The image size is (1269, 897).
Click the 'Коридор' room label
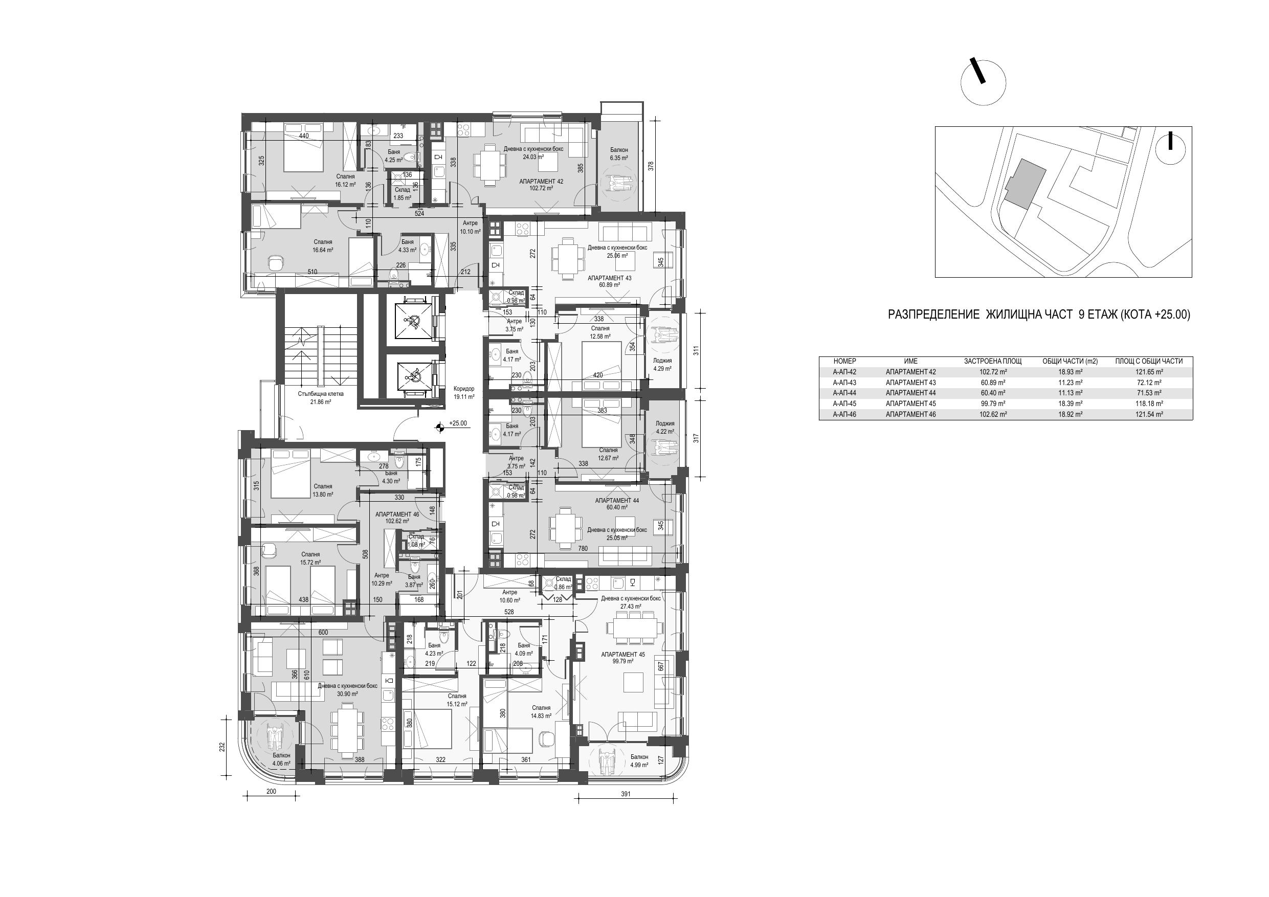(464, 389)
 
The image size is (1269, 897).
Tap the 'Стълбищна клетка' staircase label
(321, 394)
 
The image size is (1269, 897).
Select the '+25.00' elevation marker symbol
(440, 426)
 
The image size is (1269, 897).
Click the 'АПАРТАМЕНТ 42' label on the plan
(542, 181)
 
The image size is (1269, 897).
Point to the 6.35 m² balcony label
(619, 153)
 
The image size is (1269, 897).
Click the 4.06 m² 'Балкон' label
(281, 759)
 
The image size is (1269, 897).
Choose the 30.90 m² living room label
(348, 690)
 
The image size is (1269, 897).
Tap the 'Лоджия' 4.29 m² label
(662, 364)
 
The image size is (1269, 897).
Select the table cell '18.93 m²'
(1070, 372)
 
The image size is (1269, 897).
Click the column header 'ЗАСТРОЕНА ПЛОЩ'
(993, 362)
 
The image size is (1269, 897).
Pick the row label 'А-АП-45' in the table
(844, 403)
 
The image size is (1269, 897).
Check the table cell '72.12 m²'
(1149, 383)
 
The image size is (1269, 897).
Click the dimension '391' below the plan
(626, 794)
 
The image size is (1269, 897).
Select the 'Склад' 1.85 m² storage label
(403, 193)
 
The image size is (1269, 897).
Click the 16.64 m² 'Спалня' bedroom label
(323, 246)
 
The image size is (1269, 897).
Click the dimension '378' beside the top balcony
(651, 165)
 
